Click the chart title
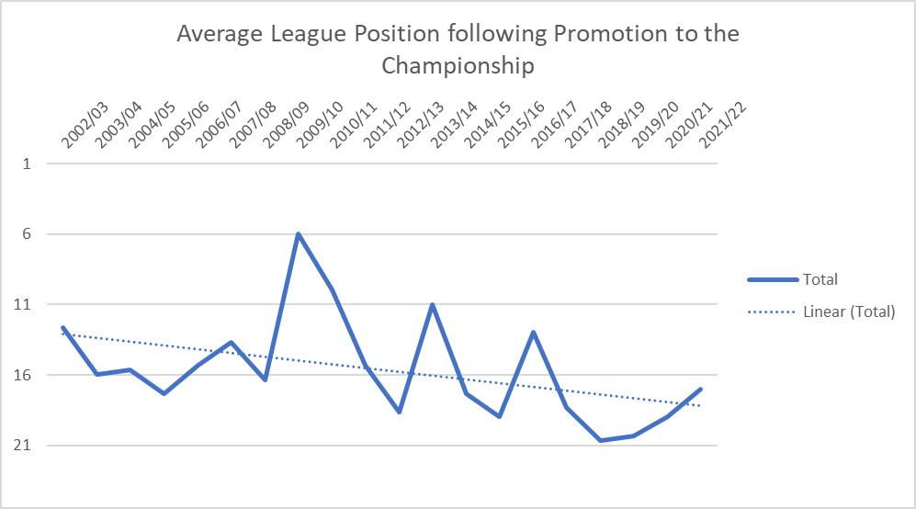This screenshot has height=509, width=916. (458, 50)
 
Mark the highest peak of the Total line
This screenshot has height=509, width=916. (298, 234)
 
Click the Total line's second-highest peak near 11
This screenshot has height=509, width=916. (432, 304)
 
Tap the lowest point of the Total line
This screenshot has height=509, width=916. (600, 440)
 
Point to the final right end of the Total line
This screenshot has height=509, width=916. (701, 390)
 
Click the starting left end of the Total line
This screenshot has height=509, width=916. (62, 327)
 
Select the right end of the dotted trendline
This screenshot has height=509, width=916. (701, 406)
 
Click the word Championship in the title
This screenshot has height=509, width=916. (458, 65)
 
